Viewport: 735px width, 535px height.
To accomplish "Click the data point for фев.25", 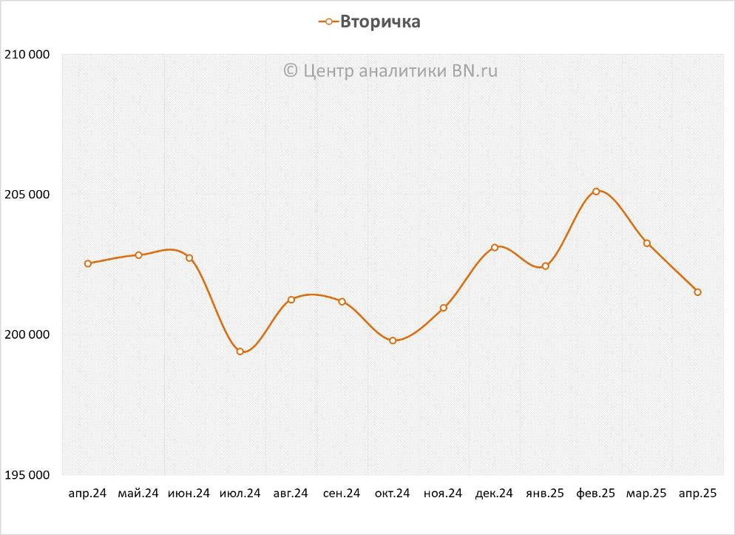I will tap(596, 192).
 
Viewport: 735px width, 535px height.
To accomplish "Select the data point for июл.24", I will tap(240, 351).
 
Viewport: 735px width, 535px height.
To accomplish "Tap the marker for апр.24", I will tap(88, 263).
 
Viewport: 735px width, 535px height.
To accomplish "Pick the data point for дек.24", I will tap(495, 247).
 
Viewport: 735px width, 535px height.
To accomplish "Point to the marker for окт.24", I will tap(393, 340).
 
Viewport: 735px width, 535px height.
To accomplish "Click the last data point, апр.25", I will tap(697, 292).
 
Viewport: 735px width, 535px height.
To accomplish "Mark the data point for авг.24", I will tap(291, 300).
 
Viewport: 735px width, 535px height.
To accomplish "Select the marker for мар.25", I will tap(647, 243).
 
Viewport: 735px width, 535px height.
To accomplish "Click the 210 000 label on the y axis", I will tap(27, 55).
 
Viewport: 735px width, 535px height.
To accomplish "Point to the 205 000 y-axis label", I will tap(27, 195).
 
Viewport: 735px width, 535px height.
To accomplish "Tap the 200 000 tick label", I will tap(27, 334).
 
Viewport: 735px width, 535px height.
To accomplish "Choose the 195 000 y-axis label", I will tap(27, 474).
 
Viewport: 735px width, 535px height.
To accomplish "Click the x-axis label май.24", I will tap(138, 494).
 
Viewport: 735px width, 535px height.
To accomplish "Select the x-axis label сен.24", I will tap(342, 494).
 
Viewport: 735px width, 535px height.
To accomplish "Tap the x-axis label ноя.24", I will tap(443, 494).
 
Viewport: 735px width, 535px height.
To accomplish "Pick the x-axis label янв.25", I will tap(545, 494).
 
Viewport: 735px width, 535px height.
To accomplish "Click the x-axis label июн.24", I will tap(189, 494).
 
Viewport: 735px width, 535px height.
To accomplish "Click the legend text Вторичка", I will tap(380, 22).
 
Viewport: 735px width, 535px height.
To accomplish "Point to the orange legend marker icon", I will tap(328, 22).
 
